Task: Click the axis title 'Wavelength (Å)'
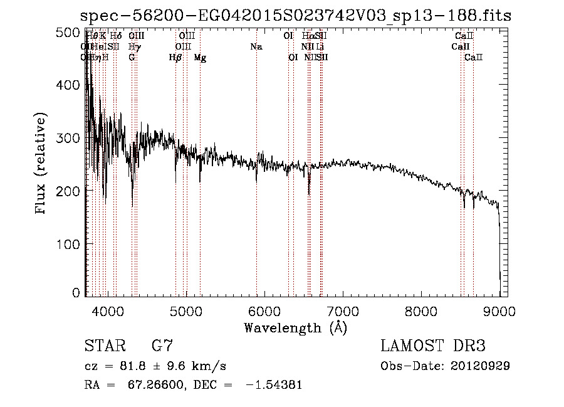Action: point(295,327)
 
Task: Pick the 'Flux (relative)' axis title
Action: point(41,164)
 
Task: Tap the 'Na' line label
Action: point(256,46)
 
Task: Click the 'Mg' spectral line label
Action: point(200,57)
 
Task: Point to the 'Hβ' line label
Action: point(175,57)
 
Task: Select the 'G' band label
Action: point(132,57)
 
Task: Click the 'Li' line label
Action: point(320,46)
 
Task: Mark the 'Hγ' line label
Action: point(133,46)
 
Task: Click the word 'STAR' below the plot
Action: point(105,346)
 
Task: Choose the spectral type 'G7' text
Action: point(162,346)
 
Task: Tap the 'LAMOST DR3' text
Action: point(433,346)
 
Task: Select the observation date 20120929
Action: point(479,366)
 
